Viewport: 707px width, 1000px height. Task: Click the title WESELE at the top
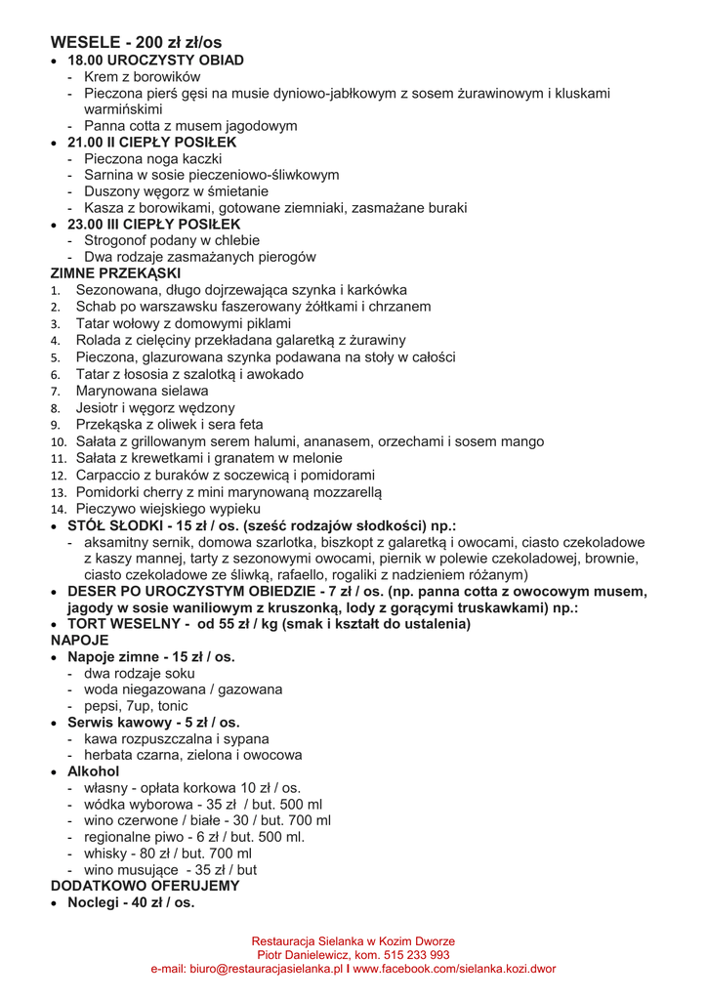click(83, 42)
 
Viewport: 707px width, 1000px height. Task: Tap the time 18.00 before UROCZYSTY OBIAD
click(85, 60)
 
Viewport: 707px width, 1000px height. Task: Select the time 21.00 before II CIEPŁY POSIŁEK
click(85, 143)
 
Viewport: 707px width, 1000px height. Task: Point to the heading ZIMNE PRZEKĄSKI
click(115, 273)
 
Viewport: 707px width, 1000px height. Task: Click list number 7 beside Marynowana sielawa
click(56, 391)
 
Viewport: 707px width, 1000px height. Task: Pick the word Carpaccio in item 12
click(110, 475)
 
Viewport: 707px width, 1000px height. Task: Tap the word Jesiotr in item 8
click(99, 407)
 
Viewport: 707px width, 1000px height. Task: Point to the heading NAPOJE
click(79, 641)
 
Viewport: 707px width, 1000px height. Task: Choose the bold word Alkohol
click(93, 771)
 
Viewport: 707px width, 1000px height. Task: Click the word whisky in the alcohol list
click(105, 854)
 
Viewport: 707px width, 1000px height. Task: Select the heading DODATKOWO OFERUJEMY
click(145, 887)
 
